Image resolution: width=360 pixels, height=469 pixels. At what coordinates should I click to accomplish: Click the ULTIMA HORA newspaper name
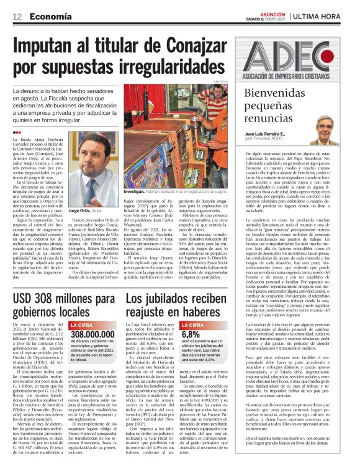[x=326, y=15]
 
